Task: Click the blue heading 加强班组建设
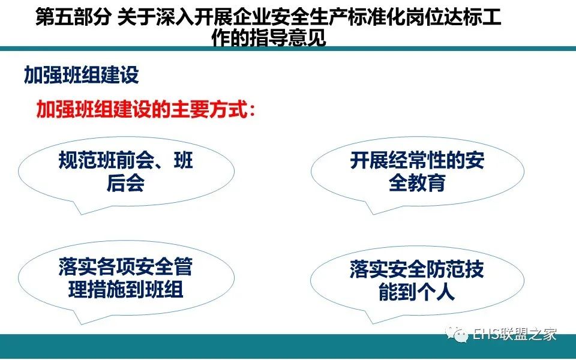(x=81, y=75)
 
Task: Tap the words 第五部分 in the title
(x=73, y=17)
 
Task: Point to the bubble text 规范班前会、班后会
(x=126, y=172)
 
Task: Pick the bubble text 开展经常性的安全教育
(x=417, y=172)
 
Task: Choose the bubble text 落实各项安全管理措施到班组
(x=125, y=278)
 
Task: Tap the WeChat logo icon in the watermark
(x=457, y=334)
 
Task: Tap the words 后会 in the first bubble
(x=125, y=182)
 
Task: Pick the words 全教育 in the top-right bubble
(x=418, y=182)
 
